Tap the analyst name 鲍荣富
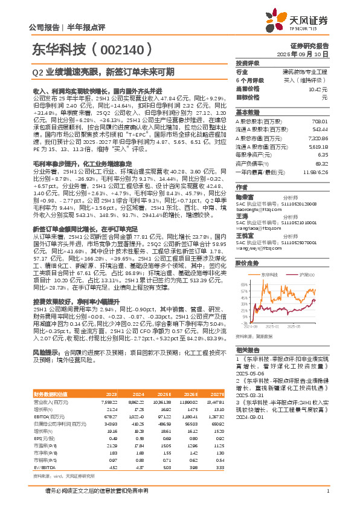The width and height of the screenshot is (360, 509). (x=243, y=196)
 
